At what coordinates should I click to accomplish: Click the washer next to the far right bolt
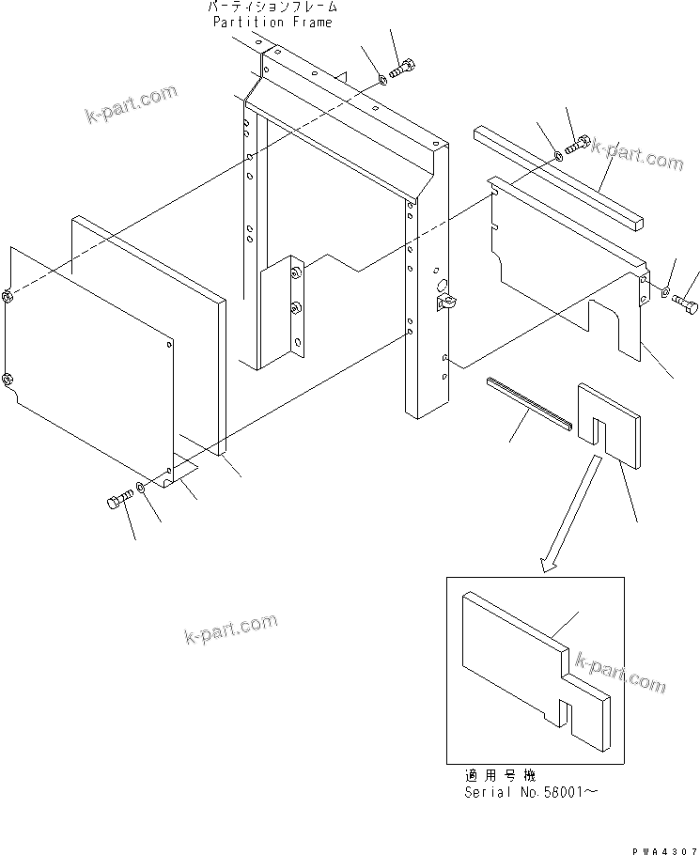(665, 292)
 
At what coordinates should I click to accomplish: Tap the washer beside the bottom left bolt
(139, 487)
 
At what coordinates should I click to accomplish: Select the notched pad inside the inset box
(536, 667)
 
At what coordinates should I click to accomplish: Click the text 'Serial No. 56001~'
(531, 792)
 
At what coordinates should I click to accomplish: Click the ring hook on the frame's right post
(444, 301)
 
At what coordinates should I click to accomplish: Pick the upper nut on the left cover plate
(8, 298)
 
